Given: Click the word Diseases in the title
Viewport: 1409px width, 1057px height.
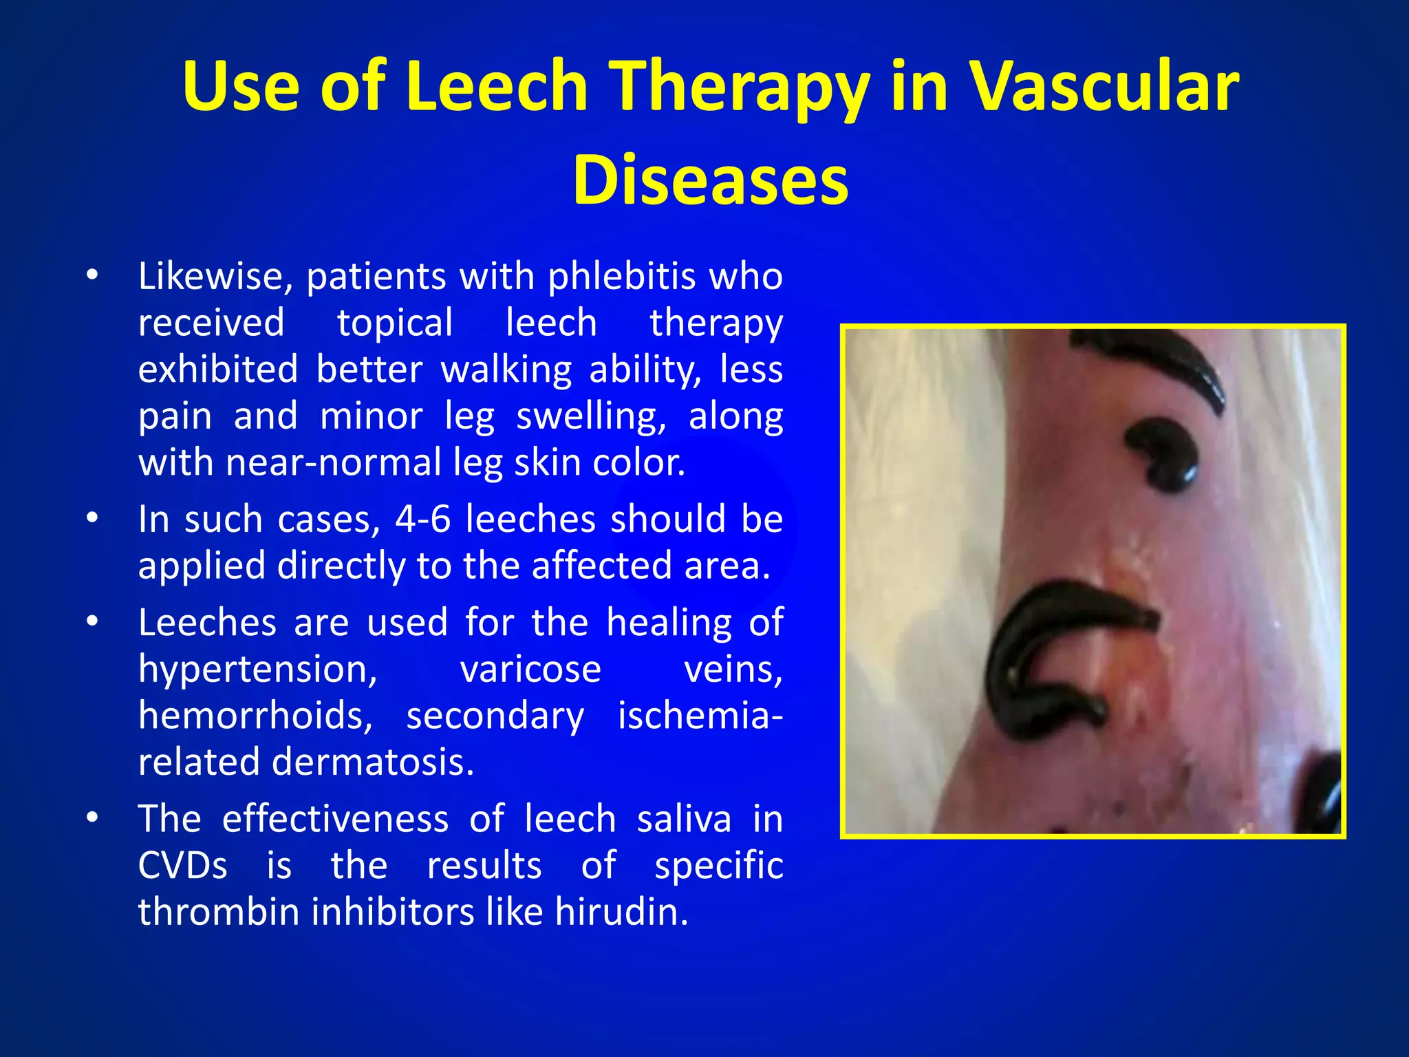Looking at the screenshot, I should click(x=710, y=180).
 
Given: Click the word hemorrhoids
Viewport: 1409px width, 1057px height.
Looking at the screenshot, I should click(x=255, y=716).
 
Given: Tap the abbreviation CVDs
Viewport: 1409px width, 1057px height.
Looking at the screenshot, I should click(x=182, y=866).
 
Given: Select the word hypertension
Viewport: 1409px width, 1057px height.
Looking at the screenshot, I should click(x=258, y=670).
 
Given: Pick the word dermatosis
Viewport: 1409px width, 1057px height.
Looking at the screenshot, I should click(x=373, y=762).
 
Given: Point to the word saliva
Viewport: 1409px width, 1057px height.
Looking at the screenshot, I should click(x=684, y=819).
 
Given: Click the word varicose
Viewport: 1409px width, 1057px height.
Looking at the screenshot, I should click(x=530, y=670).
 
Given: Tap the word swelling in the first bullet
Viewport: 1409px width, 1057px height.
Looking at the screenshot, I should click(x=591, y=416).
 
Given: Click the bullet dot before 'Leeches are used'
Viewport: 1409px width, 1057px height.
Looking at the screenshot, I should click(x=93, y=621).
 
